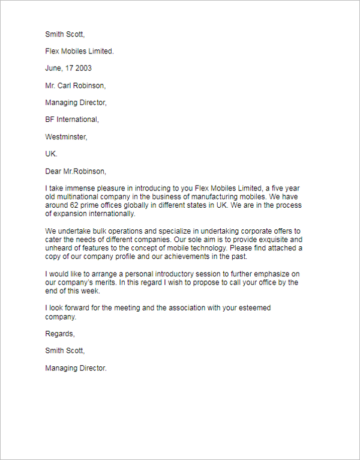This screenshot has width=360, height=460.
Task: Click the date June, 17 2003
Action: pos(68,68)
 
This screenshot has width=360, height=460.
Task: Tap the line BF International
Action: pos(72,120)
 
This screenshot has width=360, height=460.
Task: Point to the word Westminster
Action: pos(66,137)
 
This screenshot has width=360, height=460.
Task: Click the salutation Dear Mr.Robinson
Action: pos(76,171)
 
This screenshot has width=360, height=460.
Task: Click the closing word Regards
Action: pos(60,333)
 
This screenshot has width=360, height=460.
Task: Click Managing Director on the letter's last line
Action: pos(76,368)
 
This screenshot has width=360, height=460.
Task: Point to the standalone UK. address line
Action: pos(51,154)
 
